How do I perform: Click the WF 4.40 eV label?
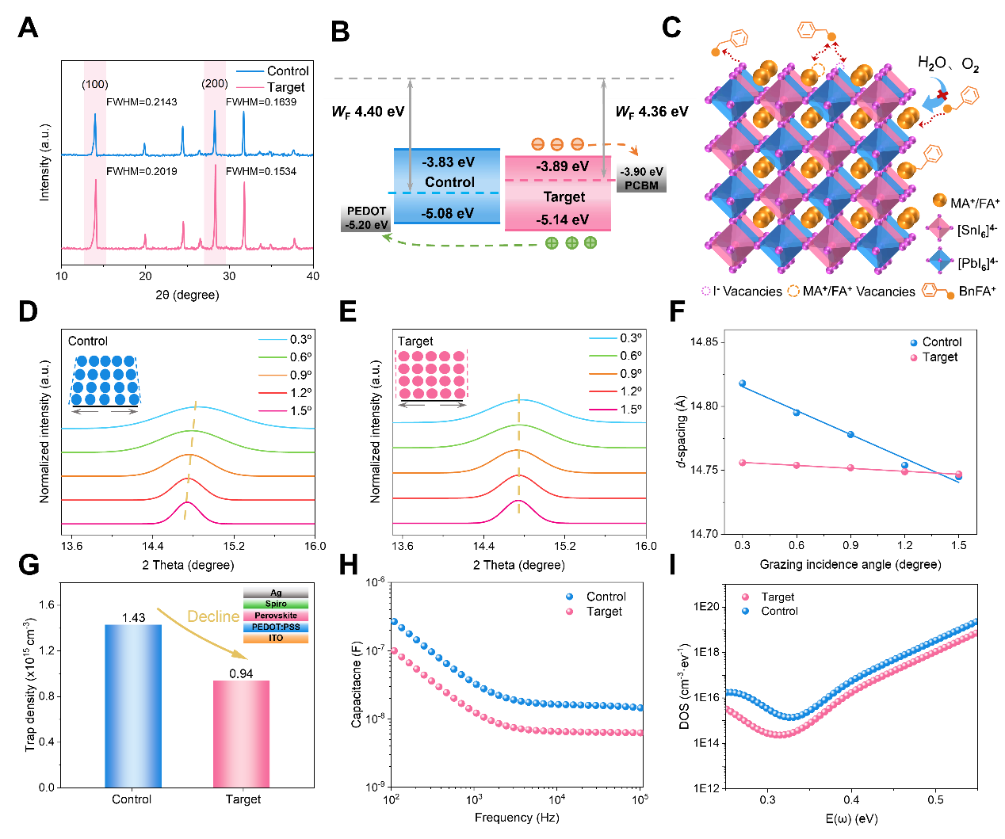pos(368,112)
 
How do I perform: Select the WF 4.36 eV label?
pos(652,112)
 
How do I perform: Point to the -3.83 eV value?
pos(448,162)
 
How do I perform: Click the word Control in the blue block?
pos(449,182)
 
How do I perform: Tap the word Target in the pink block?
pos(564,197)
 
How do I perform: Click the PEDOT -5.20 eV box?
pos(366,217)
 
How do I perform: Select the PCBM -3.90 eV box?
pos(641,177)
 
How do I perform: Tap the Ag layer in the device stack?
pos(276,593)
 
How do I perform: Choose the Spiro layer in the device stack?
pos(276,604)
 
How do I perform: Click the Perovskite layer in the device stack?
pos(276,616)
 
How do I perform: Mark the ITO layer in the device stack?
pos(276,638)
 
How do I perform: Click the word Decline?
pos(212,616)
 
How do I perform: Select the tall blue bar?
pos(133,705)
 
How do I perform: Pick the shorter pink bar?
pos(242,734)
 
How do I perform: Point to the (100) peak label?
pos(95,84)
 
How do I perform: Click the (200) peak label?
pos(215,84)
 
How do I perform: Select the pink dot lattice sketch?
pos(432,375)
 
